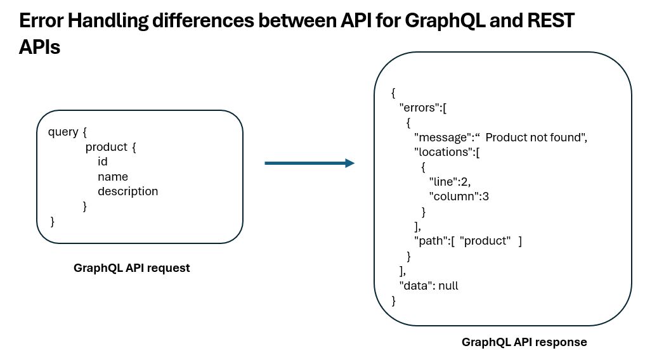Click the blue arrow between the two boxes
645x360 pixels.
click(x=309, y=163)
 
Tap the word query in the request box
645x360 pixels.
click(x=63, y=132)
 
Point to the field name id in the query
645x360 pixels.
click(x=103, y=162)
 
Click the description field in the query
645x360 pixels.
click(x=128, y=191)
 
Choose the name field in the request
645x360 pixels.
click(x=113, y=177)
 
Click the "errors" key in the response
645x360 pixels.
click(x=420, y=108)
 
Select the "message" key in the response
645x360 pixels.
click(x=443, y=138)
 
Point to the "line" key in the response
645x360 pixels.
click(x=443, y=182)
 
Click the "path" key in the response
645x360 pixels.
click(x=431, y=241)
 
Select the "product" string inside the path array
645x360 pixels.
click(x=485, y=241)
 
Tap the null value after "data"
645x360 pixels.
click(x=448, y=286)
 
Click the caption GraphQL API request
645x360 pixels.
click(x=132, y=268)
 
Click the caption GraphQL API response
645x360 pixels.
click(x=524, y=342)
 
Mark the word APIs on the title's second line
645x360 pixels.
click(x=39, y=48)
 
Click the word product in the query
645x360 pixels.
click(x=107, y=147)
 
